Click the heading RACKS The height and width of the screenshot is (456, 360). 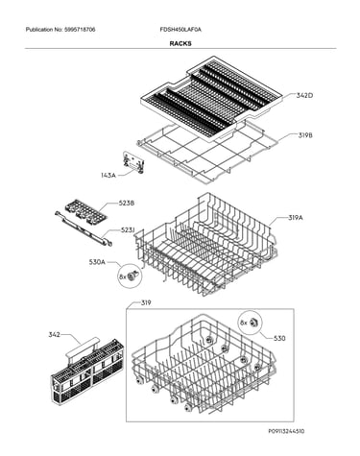click(x=180, y=43)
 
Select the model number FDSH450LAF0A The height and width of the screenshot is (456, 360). click(x=180, y=30)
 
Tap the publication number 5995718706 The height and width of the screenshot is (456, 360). click(x=80, y=30)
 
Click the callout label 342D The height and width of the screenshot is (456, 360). click(x=304, y=95)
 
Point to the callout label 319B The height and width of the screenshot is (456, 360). click(x=305, y=135)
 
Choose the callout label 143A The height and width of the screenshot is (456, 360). click(x=108, y=175)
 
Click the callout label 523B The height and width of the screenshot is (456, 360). click(x=127, y=204)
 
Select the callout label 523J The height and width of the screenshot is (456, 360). click(x=128, y=230)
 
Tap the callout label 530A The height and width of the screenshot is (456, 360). click(x=97, y=262)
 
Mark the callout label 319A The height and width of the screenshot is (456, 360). click(x=296, y=218)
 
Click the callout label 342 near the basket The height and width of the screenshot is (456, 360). click(x=54, y=335)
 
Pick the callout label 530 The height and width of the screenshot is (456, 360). click(x=279, y=338)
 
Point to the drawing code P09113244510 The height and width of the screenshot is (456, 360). click(x=286, y=431)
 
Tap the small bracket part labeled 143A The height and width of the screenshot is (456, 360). click(x=133, y=162)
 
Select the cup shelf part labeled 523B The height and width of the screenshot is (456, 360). click(x=85, y=210)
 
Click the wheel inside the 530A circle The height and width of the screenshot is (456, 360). click(x=133, y=276)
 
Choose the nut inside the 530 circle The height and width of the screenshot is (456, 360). click(x=253, y=322)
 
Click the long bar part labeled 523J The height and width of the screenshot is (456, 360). click(x=84, y=228)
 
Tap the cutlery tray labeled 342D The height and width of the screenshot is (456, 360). click(x=211, y=98)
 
